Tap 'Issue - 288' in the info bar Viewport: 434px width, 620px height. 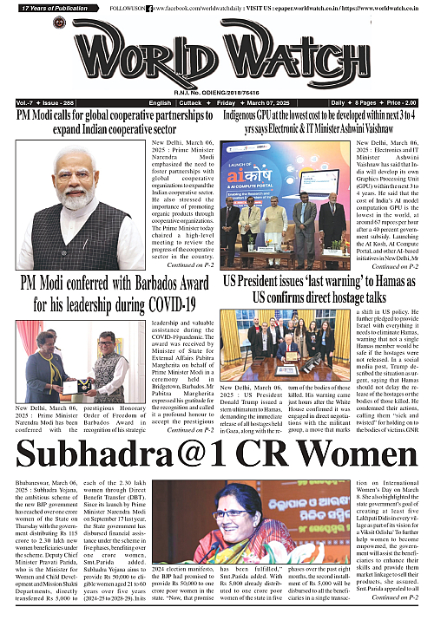[58, 102]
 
